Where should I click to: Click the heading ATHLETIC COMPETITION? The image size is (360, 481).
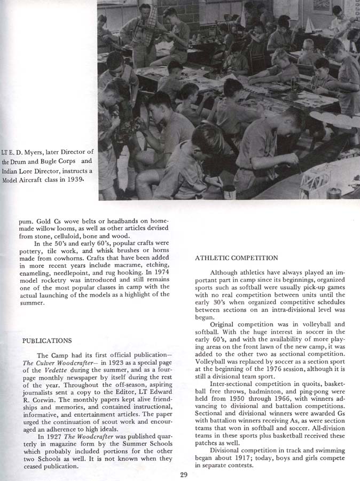point(236,258)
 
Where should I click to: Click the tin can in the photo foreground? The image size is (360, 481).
point(230,191)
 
